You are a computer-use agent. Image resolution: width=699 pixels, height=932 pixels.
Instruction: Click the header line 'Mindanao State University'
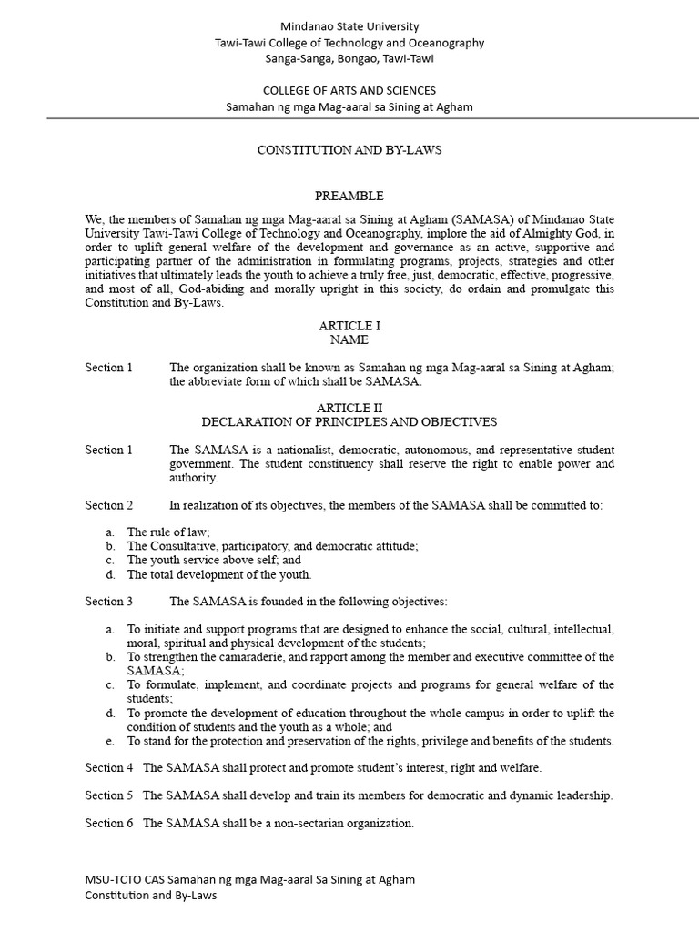click(349, 26)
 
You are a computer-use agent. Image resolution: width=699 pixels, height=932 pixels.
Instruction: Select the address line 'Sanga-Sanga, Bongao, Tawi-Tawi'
click(349, 58)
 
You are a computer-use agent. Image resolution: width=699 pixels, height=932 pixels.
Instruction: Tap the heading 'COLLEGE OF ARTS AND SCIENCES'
click(349, 90)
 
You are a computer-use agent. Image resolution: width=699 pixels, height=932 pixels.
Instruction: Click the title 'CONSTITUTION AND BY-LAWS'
click(349, 150)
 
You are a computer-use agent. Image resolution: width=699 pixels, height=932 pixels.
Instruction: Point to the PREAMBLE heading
click(349, 196)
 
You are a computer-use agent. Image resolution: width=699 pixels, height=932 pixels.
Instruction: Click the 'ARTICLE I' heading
click(349, 325)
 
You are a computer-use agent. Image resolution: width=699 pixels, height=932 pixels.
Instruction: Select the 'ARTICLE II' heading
click(349, 408)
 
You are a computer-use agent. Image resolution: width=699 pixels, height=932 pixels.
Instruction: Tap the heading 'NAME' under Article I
click(349, 339)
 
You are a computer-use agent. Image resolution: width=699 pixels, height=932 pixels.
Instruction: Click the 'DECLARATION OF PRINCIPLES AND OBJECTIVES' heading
click(349, 422)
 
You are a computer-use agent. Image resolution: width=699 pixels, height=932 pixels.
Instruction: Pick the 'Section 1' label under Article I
click(109, 368)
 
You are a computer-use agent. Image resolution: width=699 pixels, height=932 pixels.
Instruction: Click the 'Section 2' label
click(109, 505)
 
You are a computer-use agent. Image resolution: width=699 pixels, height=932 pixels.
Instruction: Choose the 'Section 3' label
click(109, 602)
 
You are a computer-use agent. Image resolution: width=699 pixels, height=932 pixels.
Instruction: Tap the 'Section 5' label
click(109, 795)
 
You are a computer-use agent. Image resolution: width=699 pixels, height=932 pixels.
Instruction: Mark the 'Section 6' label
click(109, 824)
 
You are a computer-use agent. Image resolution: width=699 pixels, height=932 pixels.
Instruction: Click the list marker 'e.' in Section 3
click(110, 740)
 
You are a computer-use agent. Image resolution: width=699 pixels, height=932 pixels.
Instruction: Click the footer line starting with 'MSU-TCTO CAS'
click(249, 879)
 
